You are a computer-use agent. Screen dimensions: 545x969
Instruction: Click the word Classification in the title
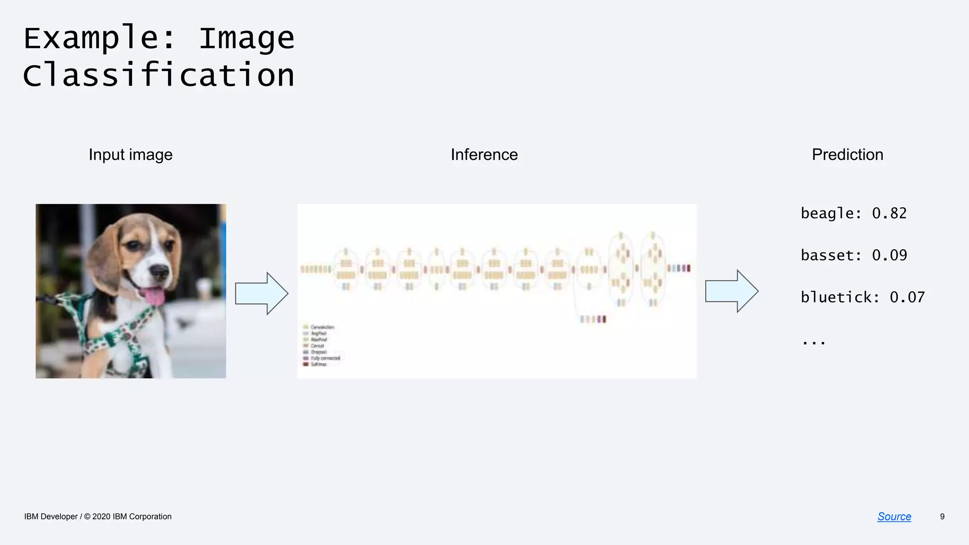coord(159,75)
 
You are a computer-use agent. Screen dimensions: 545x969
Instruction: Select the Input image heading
coord(131,155)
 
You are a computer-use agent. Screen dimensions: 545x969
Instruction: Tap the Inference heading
coord(484,155)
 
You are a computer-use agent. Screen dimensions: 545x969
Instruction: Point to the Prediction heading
coord(847,155)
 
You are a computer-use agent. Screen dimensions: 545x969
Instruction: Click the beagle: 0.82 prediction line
coord(854,213)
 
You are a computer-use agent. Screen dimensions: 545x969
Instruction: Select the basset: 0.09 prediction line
coord(854,255)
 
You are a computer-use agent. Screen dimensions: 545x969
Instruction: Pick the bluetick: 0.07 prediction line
coord(863,297)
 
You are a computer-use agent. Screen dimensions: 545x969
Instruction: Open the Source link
coord(894,517)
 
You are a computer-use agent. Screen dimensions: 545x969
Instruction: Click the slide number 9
coord(942,517)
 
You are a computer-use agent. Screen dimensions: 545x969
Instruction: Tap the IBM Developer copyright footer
coord(98,517)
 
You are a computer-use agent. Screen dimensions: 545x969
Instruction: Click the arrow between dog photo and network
coord(261,293)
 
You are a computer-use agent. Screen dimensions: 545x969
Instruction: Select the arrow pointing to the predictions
coord(731,291)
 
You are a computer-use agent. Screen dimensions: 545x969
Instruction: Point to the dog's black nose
coord(159,271)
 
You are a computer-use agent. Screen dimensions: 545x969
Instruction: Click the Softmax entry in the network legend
coord(318,364)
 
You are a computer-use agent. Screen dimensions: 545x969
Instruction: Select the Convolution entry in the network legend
coord(322,327)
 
